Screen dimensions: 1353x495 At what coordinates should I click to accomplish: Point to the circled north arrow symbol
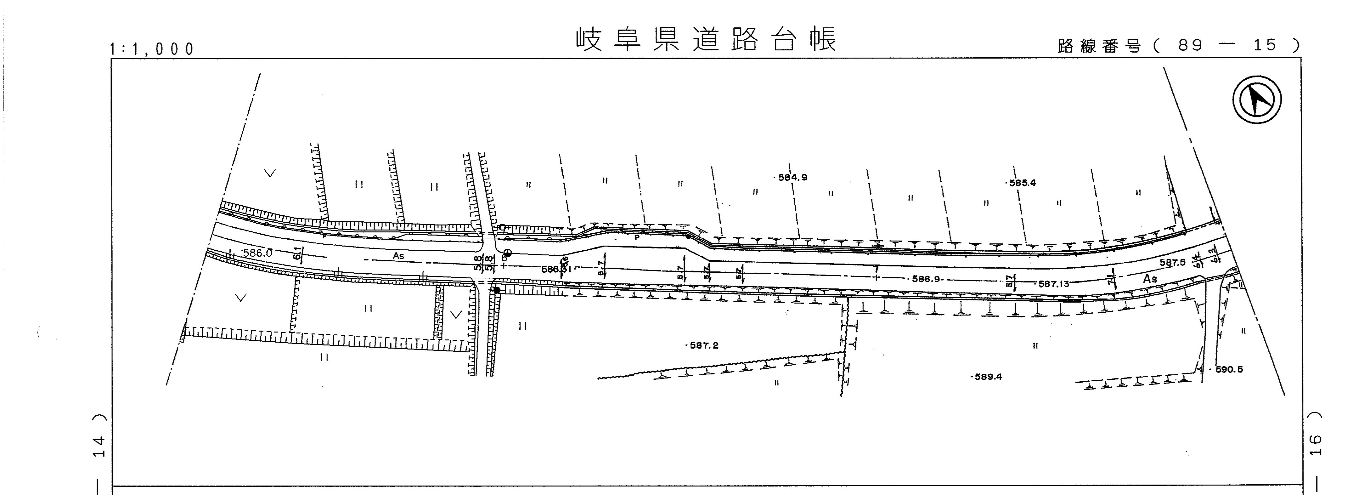pos(1257,100)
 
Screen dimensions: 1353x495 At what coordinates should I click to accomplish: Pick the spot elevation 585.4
pos(1022,183)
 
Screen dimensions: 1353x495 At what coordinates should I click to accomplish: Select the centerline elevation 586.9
pos(926,279)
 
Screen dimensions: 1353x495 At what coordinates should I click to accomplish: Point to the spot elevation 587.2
pos(704,346)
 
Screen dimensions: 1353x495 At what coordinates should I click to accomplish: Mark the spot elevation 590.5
pos(1229,369)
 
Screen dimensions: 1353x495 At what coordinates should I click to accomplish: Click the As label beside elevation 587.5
pos(1150,279)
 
